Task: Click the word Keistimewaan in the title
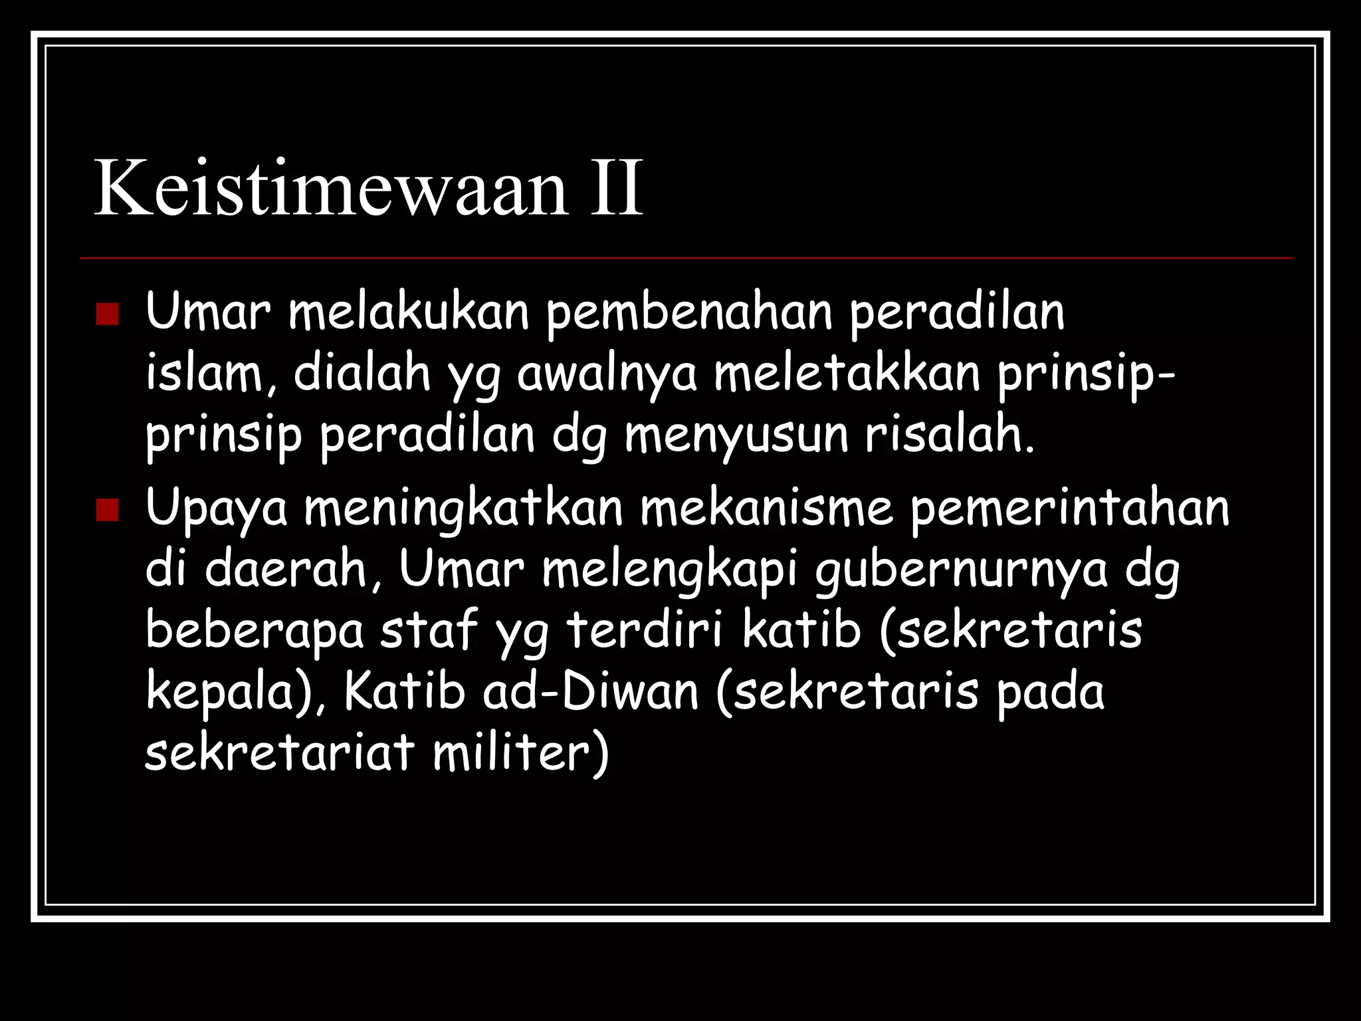331,188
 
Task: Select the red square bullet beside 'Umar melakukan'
106,314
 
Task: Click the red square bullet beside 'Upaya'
106,510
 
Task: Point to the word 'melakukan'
409,312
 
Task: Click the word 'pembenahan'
689,313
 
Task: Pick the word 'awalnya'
607,375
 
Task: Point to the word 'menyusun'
736,435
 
